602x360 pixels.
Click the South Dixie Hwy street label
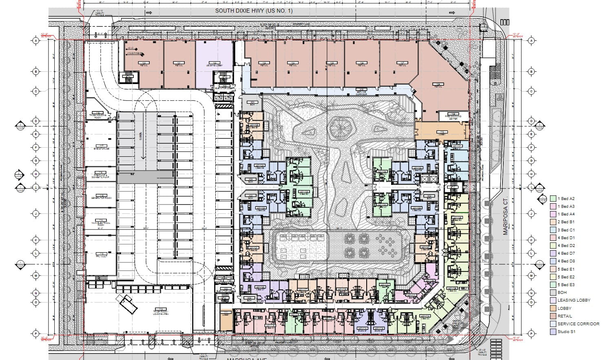point(254,11)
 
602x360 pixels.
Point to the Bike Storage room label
point(100,147)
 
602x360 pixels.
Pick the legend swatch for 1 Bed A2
point(553,199)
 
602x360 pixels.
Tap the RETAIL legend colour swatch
point(553,316)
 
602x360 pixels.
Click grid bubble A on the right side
point(531,41)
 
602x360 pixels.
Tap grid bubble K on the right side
point(531,240)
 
